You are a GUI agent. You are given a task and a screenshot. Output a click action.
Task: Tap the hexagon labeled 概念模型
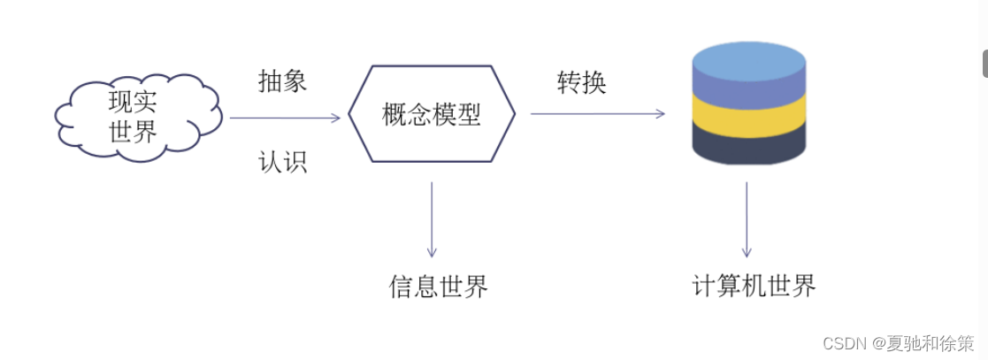tap(432, 114)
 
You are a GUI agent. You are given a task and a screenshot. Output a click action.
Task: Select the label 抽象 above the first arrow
tap(282, 81)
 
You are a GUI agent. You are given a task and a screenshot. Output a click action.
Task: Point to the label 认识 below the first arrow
tap(282, 162)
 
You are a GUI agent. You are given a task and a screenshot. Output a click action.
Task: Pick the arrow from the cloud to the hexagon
tap(283, 118)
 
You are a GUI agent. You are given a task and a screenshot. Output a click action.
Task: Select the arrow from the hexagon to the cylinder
tap(597, 113)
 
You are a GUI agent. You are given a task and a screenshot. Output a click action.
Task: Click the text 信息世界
tap(439, 287)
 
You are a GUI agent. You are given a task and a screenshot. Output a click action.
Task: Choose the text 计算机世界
tap(754, 286)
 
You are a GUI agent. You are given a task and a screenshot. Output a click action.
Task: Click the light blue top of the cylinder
tap(748, 59)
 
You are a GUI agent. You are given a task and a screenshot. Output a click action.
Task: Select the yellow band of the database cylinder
tap(748, 116)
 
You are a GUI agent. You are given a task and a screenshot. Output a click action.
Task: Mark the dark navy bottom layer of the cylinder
tap(748, 145)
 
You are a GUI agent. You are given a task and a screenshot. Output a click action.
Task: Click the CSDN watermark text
tap(898, 342)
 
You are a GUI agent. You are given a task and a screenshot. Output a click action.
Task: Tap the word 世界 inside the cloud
tap(134, 133)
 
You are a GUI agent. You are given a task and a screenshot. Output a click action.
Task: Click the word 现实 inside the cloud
tap(134, 103)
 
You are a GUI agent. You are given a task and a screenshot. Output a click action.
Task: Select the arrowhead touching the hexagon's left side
tap(336, 118)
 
